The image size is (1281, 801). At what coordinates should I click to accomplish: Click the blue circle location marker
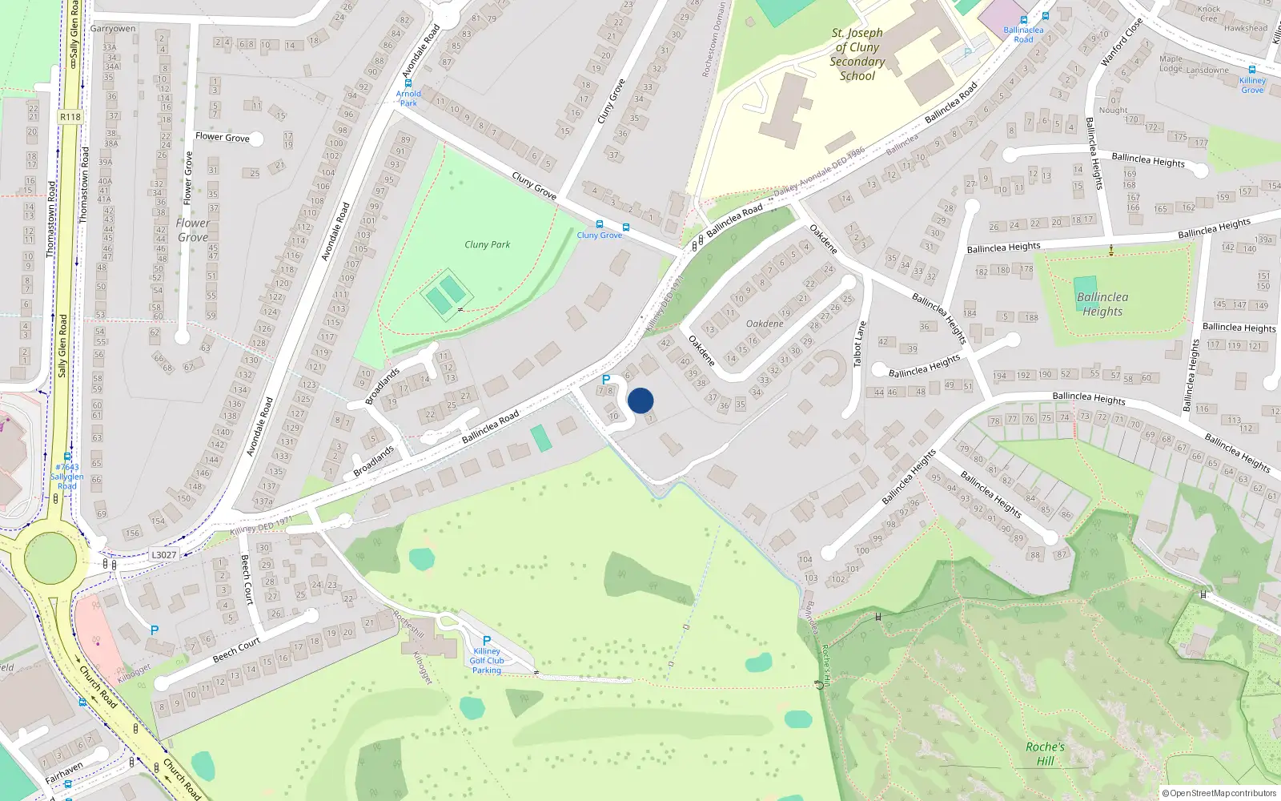640,400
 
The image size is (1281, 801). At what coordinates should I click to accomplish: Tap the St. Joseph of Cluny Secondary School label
857,54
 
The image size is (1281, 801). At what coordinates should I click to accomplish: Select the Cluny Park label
487,244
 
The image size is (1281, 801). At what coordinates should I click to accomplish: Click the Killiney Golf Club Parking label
487,661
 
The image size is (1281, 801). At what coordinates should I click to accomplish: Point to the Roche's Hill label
1045,754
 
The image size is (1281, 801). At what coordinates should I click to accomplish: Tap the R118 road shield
70,117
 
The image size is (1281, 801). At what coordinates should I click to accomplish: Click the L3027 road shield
163,554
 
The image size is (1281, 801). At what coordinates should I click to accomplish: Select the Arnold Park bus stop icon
408,83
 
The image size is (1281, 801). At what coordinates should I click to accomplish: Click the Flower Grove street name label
223,137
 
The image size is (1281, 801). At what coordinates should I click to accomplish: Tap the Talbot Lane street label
860,344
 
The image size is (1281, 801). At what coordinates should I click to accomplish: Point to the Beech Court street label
236,650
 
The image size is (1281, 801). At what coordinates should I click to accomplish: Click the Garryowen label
113,29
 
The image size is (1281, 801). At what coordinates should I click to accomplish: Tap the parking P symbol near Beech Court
155,630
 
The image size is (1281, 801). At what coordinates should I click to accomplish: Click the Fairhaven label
64,774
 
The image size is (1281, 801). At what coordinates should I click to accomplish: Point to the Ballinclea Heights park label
1102,304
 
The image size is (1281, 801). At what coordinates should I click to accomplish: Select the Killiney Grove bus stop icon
1252,70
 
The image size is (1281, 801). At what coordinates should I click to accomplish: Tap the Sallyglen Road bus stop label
67,476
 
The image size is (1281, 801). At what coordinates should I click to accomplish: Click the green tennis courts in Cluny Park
445,295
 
